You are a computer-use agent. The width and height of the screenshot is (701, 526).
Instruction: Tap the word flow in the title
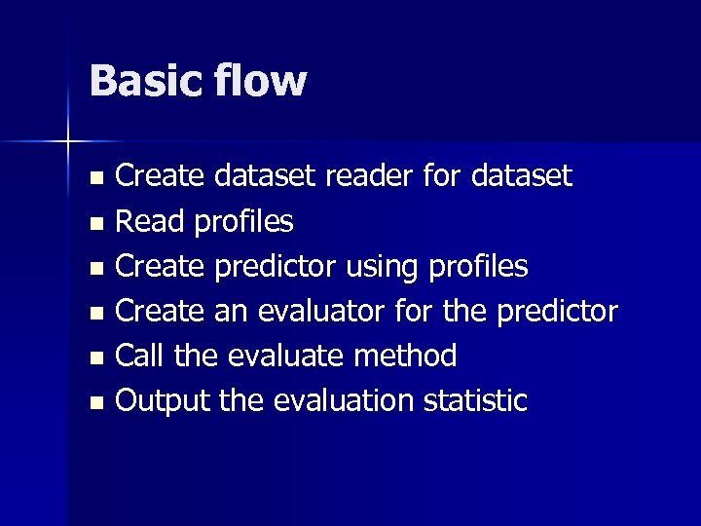pyautogui.click(x=261, y=81)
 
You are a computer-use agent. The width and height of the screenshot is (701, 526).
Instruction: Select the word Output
pyautogui.click(x=161, y=400)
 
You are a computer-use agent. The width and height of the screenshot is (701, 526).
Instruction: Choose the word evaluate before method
pyautogui.click(x=285, y=356)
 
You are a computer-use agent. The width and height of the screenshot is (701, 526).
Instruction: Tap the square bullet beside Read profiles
pyautogui.click(x=94, y=224)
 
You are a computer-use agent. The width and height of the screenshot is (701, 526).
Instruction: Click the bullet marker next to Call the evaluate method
pyautogui.click(x=94, y=357)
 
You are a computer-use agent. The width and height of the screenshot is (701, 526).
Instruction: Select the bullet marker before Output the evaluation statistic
pyautogui.click(x=94, y=402)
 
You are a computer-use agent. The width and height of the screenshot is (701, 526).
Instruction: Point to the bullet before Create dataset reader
pyautogui.click(x=94, y=179)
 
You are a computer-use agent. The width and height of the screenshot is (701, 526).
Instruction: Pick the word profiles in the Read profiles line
pyautogui.click(x=244, y=222)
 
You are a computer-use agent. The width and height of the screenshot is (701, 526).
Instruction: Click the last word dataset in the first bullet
pyautogui.click(x=522, y=177)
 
